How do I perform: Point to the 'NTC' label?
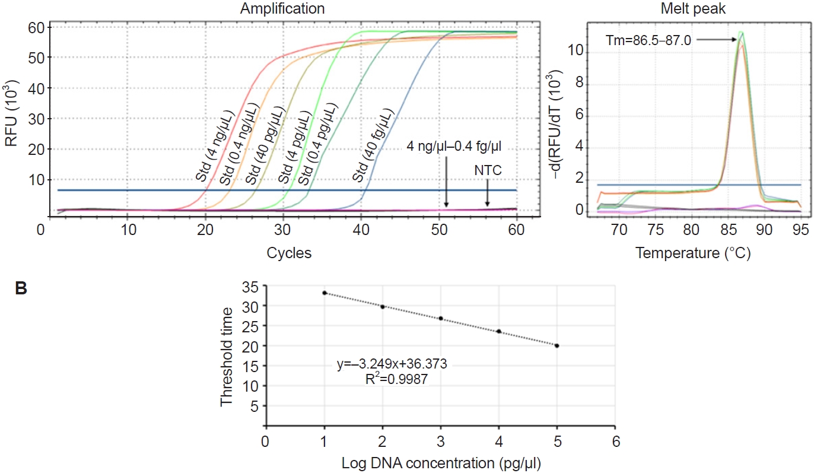[488, 171]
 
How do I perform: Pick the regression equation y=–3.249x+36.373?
[396, 365]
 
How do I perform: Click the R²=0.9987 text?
[396, 379]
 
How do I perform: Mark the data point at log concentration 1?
[325, 293]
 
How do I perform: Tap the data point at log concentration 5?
[557, 345]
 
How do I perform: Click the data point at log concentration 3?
[441, 319]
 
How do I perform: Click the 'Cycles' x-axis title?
[289, 253]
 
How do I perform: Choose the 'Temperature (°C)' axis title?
[693, 253]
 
